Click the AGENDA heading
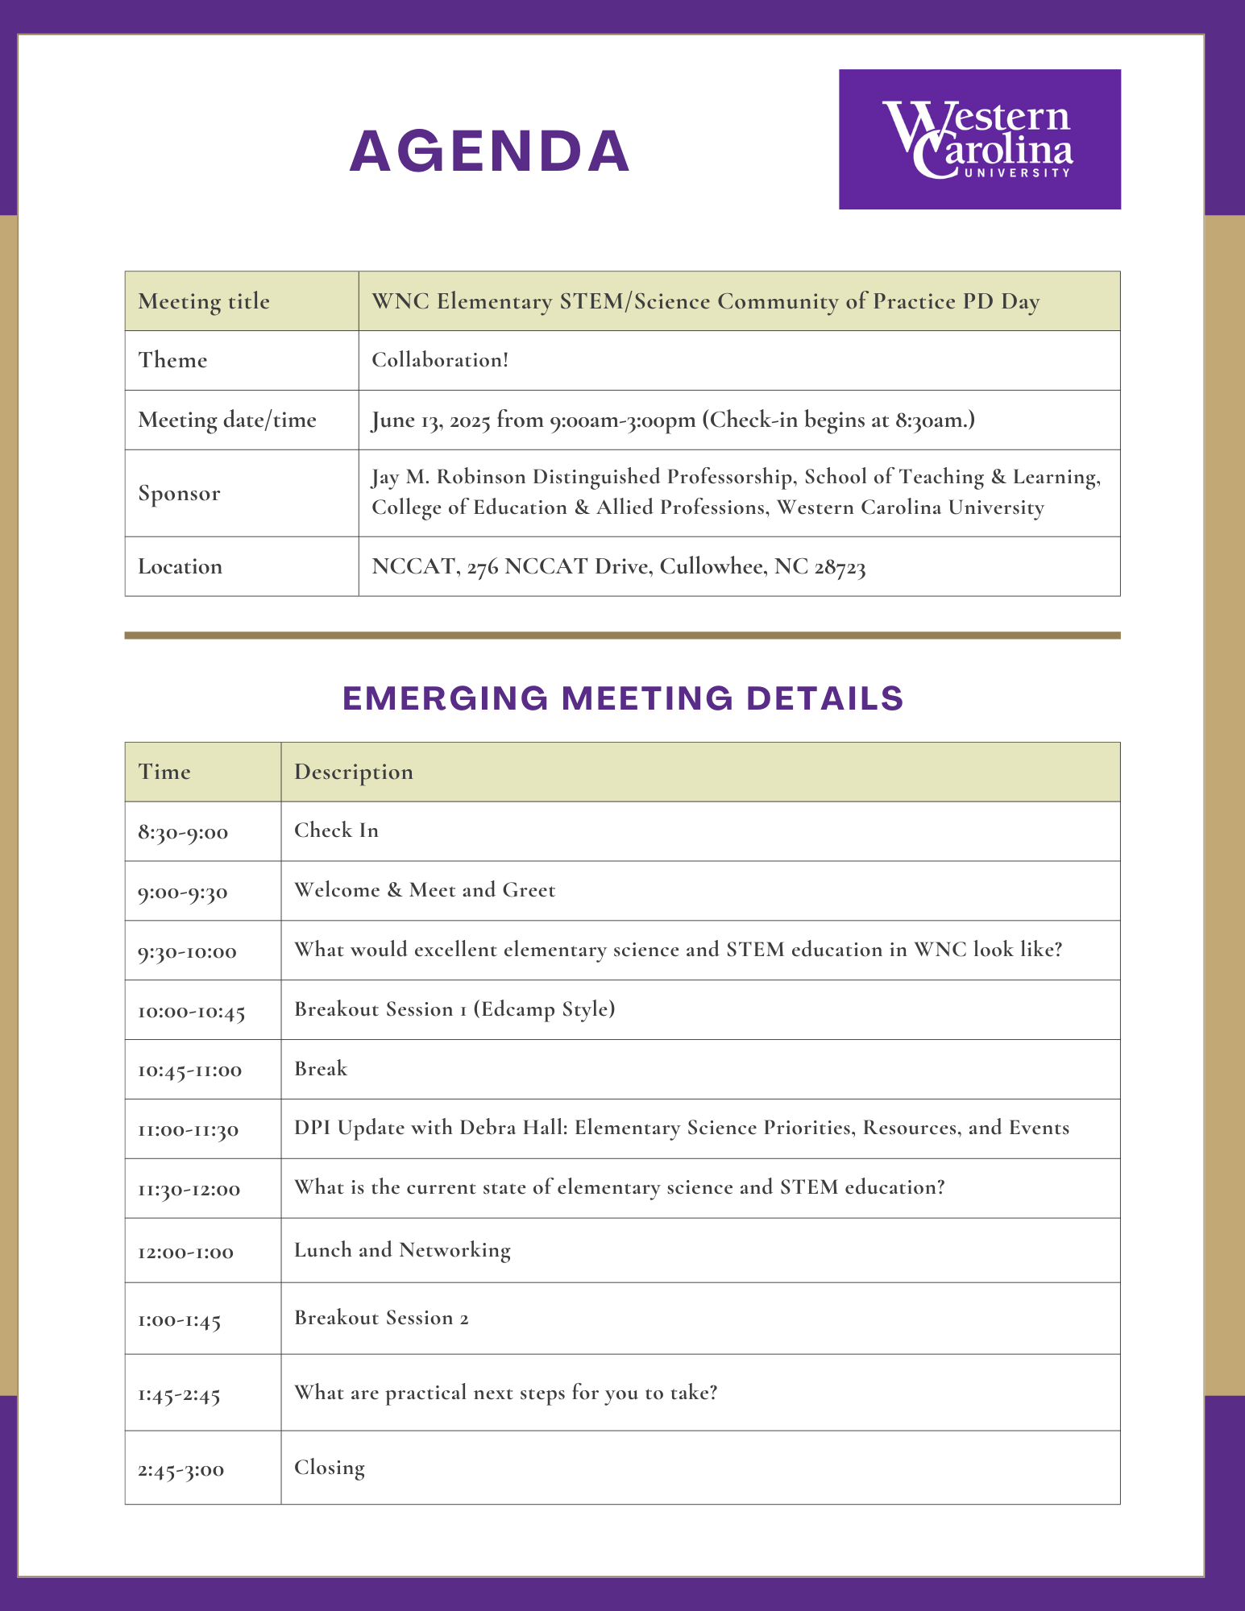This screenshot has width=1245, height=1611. pos(489,151)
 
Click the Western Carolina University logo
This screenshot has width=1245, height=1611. pos(979,139)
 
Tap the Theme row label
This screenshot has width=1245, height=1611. pos(172,360)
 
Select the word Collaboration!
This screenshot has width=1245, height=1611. pos(440,360)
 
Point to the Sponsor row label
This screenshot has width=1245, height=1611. pos(179,493)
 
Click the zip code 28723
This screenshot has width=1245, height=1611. pos(840,567)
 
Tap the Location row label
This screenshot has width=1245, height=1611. pos(180,567)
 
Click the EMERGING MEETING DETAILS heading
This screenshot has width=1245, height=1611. pos(622,698)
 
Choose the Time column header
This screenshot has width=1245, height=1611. pos(164,772)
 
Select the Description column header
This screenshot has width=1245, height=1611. pos(353,772)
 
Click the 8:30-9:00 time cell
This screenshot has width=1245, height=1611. pos(183,832)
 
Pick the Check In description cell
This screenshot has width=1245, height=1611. pos(336,830)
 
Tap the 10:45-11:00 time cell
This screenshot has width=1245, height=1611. pos(190,1071)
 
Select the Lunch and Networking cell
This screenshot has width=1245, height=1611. pos(402,1249)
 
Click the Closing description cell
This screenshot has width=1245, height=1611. pos(329,1468)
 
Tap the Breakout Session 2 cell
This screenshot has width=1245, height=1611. pos(381,1318)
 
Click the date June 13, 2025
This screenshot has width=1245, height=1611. pos(431,420)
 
